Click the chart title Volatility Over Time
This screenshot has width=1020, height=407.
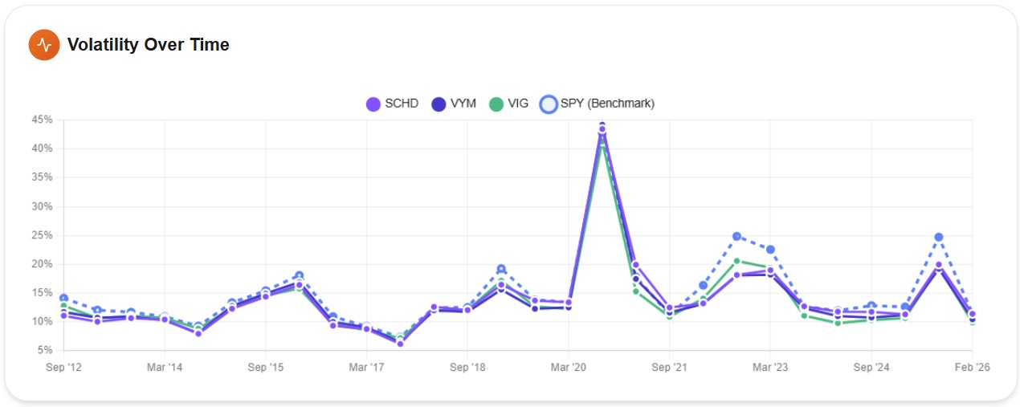148,45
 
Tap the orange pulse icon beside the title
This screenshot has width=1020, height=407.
44,45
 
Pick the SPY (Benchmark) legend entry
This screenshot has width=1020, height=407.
598,104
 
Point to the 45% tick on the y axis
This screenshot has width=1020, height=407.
43,120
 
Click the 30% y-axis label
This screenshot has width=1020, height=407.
43,206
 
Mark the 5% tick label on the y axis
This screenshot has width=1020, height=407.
45,351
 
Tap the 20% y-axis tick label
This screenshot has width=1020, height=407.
43,264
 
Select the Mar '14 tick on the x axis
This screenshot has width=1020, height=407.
164,368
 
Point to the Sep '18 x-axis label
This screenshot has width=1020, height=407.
467,368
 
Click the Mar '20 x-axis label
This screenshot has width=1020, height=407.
568,368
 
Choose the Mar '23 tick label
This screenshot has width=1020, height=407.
770,368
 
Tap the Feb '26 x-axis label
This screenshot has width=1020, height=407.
972,368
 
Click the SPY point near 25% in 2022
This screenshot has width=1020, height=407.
736,237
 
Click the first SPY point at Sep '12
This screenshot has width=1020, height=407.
63,299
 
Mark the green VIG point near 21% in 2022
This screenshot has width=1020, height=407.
736,261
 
